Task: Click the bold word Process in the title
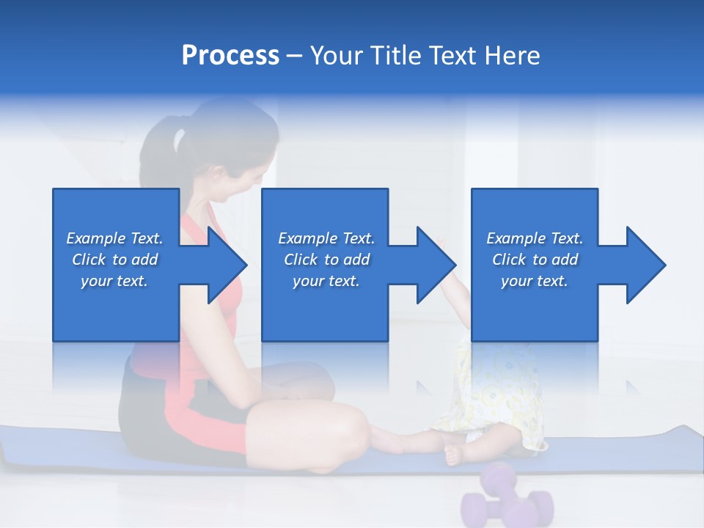(x=230, y=56)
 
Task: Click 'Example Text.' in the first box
(x=114, y=238)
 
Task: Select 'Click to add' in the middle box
(x=326, y=260)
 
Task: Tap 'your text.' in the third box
(x=534, y=281)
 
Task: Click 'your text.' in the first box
(x=114, y=281)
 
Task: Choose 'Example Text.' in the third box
(x=534, y=238)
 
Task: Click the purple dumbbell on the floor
(x=506, y=499)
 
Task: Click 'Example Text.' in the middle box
(x=326, y=238)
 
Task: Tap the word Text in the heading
(x=452, y=56)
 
